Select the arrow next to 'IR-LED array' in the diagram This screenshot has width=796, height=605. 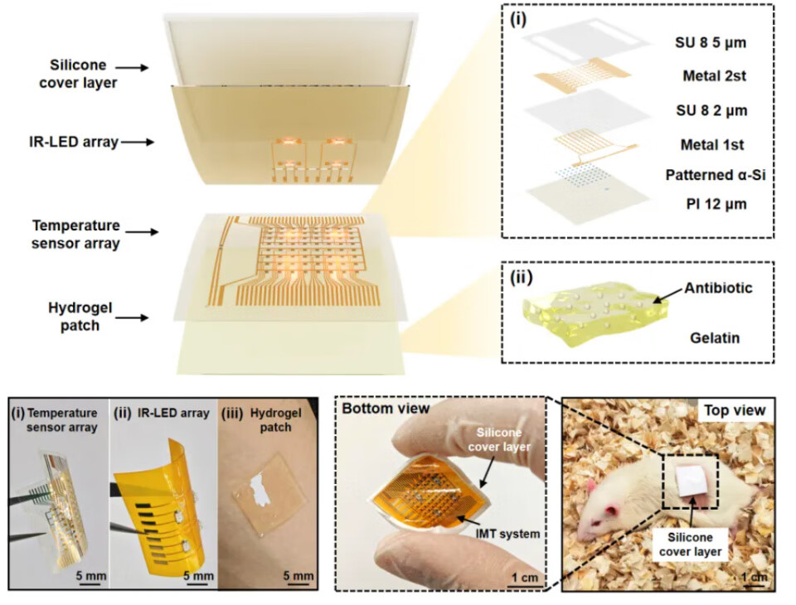click(138, 143)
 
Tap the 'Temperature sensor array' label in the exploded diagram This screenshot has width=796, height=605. click(76, 233)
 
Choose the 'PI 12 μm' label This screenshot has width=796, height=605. click(700, 203)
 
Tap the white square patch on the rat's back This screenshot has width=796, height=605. click(687, 479)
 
